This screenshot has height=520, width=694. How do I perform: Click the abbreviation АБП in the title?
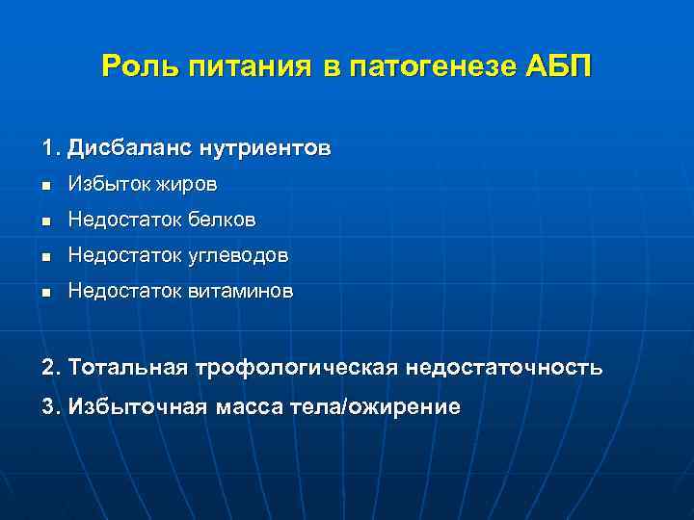(x=560, y=67)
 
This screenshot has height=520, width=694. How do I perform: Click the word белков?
(x=222, y=221)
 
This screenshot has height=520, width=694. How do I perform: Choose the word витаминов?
(x=240, y=291)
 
